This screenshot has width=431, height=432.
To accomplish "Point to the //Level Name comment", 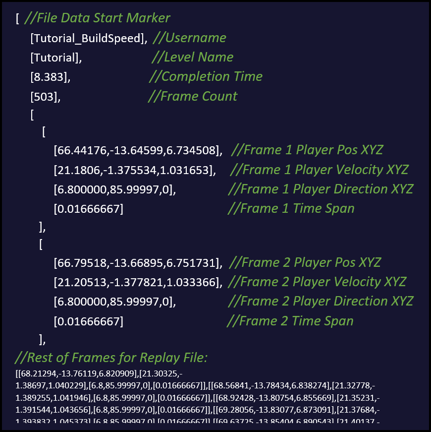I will tap(192, 57).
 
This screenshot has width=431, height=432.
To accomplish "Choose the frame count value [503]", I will tap(46, 97).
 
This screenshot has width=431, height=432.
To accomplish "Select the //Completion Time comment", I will tap(206, 76).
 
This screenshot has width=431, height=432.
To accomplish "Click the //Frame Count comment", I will tap(192, 96).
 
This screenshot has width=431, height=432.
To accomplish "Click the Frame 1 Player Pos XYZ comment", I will tap(307, 150).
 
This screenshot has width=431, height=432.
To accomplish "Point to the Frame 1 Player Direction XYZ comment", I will tap(321, 189).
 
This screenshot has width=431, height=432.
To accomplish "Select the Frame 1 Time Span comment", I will tap(291, 208).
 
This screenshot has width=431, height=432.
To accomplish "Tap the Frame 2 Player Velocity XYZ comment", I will tap(318, 282).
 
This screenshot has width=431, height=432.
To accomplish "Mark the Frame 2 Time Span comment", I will tap(290, 321).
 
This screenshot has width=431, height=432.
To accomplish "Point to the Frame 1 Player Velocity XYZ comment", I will tap(320, 170).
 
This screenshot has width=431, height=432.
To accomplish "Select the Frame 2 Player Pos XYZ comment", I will tap(305, 262).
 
